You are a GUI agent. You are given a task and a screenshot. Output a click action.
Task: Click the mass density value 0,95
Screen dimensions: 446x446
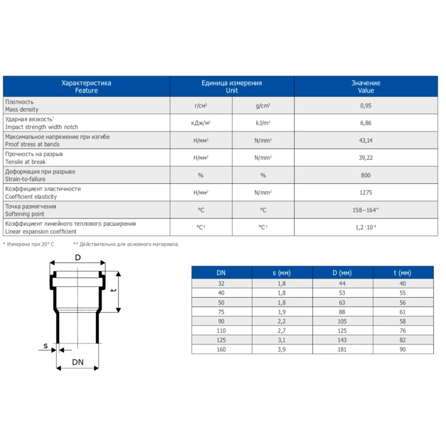(366, 105)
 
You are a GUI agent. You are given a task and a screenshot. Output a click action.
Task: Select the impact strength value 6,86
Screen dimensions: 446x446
(366, 123)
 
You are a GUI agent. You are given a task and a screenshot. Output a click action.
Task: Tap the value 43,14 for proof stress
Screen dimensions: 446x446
(366, 140)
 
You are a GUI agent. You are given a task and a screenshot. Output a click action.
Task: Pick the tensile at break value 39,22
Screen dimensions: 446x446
(366, 158)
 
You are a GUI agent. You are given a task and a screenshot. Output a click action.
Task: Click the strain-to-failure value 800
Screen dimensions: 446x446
(366, 175)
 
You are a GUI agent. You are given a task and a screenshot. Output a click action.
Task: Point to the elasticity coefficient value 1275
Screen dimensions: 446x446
(366, 192)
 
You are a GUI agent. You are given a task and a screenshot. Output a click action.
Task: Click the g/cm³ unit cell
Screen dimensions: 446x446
(263, 105)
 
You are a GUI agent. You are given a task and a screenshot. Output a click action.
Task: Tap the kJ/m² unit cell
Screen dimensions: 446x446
(263, 123)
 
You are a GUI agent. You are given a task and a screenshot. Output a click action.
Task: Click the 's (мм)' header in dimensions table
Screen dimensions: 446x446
(282, 273)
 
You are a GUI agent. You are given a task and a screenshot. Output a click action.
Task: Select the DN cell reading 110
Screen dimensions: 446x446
(221, 331)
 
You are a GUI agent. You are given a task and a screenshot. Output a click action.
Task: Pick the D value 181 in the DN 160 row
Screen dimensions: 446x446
(342, 350)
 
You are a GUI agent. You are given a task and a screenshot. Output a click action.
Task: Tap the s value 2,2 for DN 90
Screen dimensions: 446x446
(282, 321)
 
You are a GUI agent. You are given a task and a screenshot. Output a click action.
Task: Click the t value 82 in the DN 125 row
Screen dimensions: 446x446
(403, 340)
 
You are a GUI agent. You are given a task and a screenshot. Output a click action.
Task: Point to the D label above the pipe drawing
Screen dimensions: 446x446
(78, 258)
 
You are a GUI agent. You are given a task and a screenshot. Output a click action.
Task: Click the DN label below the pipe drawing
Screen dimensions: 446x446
(77, 362)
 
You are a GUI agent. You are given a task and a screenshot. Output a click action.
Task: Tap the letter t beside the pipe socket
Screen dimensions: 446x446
(113, 290)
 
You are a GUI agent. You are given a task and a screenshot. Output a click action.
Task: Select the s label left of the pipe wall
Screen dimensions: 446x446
(46, 346)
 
